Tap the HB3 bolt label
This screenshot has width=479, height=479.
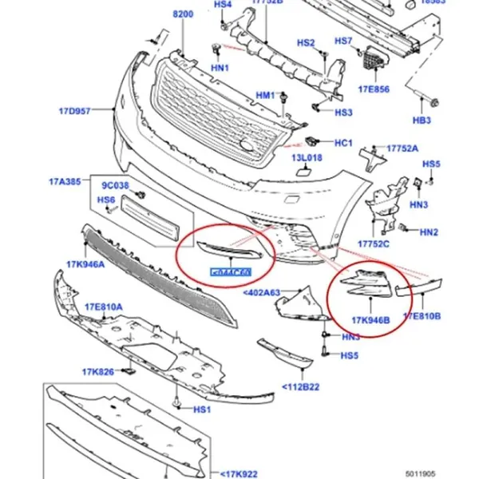(x=422, y=121)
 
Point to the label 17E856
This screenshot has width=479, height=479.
(x=374, y=89)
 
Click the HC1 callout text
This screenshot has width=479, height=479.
(x=343, y=143)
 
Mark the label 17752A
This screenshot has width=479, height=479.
(x=403, y=148)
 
